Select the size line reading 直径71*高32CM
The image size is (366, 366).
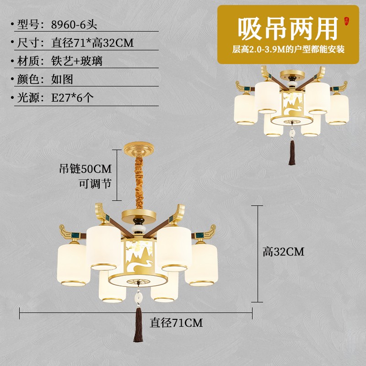pos(92,43)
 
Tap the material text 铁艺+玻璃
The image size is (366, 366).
pos(76,61)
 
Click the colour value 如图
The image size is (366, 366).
pos(62,79)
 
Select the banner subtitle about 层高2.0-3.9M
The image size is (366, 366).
pos(288,49)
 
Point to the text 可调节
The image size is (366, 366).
pos(95,183)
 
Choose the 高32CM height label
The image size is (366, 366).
pos(283,251)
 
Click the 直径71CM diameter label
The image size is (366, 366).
pos(176,323)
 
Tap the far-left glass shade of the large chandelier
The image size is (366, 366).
pos(72,265)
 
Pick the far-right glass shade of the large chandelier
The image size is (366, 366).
pos(203,265)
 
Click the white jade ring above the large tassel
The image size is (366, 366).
pos(137,297)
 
